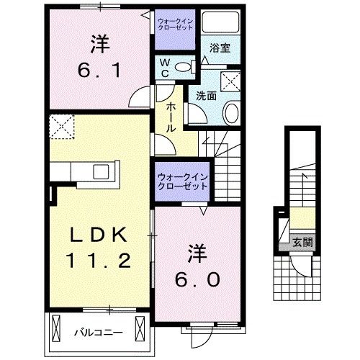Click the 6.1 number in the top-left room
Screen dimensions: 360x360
pyautogui.click(x=99, y=71)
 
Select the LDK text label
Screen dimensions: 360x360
pyautogui.click(x=99, y=235)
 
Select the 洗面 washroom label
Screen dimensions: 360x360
pyautogui.click(x=207, y=94)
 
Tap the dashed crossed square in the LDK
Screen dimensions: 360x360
pyautogui.click(x=61, y=127)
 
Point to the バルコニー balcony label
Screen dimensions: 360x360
pyautogui.click(x=98, y=332)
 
